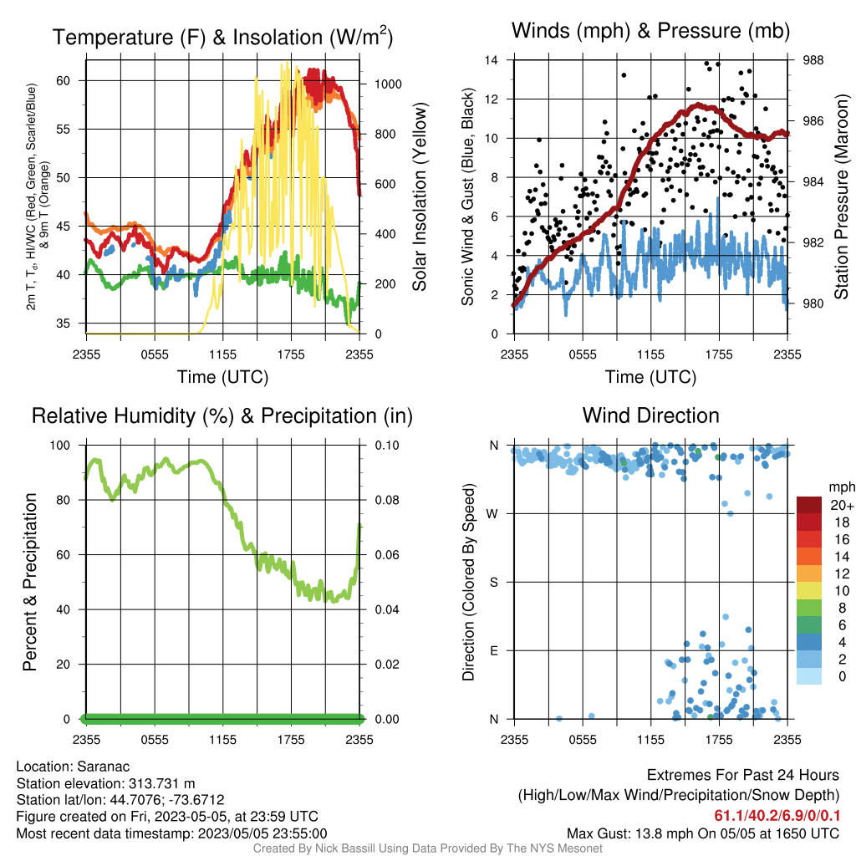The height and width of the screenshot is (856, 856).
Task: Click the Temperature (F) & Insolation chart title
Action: coord(222,37)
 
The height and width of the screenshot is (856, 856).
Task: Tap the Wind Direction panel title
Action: coord(650,415)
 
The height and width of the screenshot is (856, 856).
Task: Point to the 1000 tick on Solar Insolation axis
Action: coord(388,84)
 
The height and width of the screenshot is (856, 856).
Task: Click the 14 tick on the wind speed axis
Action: coord(492,60)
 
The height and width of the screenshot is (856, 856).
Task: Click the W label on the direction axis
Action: coord(492,514)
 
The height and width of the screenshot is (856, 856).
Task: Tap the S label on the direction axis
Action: coord(493,582)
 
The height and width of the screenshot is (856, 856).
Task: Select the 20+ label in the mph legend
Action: coord(842,505)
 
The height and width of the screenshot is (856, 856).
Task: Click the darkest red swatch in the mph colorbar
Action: coord(809,505)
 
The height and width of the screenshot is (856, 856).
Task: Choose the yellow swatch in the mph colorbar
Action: coord(809,591)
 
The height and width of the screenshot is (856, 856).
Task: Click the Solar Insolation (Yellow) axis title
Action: coord(420,196)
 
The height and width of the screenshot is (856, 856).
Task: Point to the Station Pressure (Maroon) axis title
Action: coord(841,196)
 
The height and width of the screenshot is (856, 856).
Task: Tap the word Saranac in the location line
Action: coord(103,767)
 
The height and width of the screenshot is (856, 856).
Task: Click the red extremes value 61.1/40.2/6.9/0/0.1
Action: coord(777,816)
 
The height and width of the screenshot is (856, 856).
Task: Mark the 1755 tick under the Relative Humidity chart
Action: coord(291,740)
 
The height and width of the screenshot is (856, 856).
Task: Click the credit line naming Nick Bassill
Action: coord(427,848)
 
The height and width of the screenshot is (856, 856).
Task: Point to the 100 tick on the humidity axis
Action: coord(60,446)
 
